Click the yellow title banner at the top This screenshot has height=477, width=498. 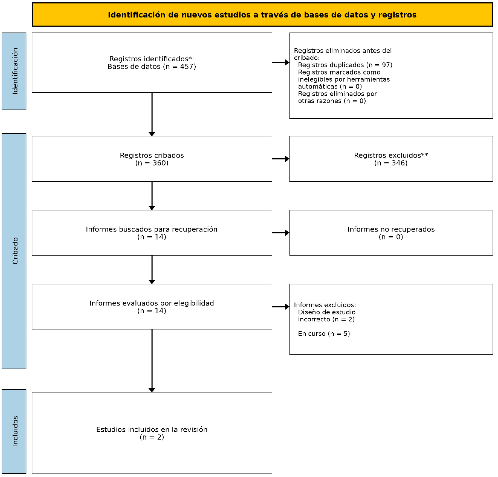(262, 14)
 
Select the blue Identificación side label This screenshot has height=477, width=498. (14, 71)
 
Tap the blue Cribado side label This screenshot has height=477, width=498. (14, 251)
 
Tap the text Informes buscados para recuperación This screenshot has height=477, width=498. (152, 229)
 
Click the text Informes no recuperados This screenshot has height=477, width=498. (391, 229)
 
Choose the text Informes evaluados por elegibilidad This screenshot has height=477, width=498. (152, 303)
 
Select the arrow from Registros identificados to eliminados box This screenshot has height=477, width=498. (281, 63)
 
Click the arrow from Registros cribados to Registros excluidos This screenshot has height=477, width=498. (281, 159)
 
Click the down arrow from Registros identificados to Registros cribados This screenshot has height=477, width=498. (152, 114)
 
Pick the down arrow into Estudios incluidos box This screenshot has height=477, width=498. (152, 361)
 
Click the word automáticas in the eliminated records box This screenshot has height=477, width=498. (318, 87)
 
